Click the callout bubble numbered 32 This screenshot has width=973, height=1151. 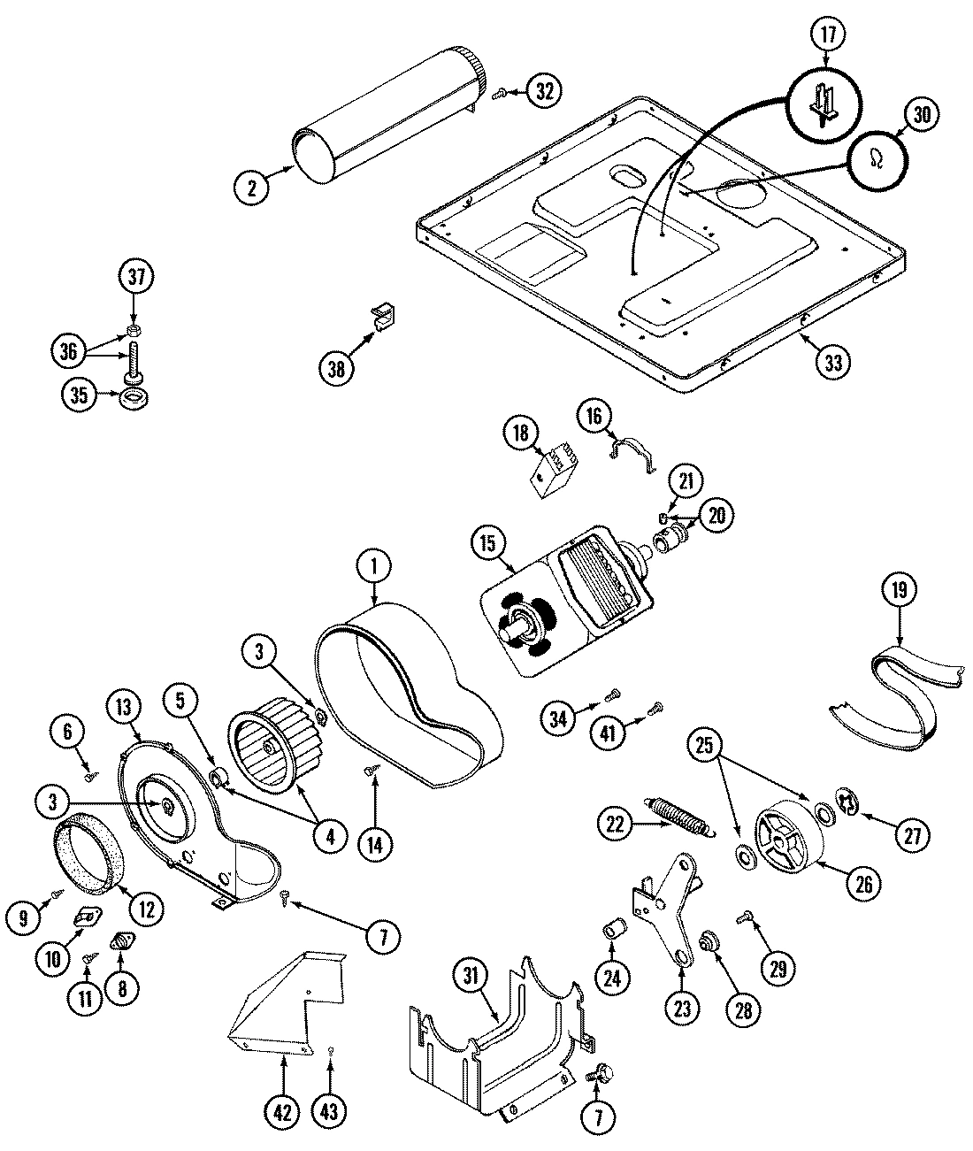546,89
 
